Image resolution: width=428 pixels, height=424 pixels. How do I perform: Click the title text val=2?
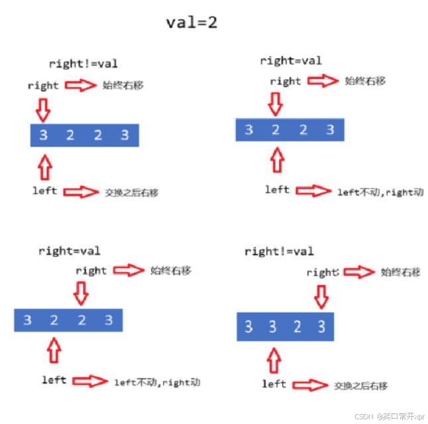click(x=191, y=22)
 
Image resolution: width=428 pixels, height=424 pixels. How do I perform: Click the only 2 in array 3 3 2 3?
click(x=297, y=326)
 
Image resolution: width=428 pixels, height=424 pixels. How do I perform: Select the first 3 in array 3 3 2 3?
click(x=248, y=326)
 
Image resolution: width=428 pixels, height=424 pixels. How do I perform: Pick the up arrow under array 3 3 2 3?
click(x=272, y=360)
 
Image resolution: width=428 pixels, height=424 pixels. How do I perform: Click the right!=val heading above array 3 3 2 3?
click(x=279, y=251)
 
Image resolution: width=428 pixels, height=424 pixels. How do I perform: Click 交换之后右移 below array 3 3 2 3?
click(x=360, y=386)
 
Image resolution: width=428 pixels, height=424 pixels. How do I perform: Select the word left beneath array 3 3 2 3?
click(x=274, y=384)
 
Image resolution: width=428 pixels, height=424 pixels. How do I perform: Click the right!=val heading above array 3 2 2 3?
click(x=83, y=64)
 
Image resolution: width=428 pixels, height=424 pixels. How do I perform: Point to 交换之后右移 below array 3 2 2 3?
click(x=132, y=193)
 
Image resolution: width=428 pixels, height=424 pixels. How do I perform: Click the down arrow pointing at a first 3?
click(x=43, y=109)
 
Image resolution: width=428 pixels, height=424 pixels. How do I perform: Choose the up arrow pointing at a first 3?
click(x=44, y=167)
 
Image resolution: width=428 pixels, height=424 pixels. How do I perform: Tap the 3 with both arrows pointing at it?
click(x=44, y=136)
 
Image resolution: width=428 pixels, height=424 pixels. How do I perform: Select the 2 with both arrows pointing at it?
click(x=276, y=129)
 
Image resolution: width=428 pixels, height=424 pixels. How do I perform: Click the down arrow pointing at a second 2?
click(x=81, y=291)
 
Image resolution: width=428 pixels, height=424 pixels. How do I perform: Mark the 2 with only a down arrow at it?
click(x=81, y=320)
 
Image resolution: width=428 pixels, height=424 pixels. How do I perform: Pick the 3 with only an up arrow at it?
click(x=272, y=326)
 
